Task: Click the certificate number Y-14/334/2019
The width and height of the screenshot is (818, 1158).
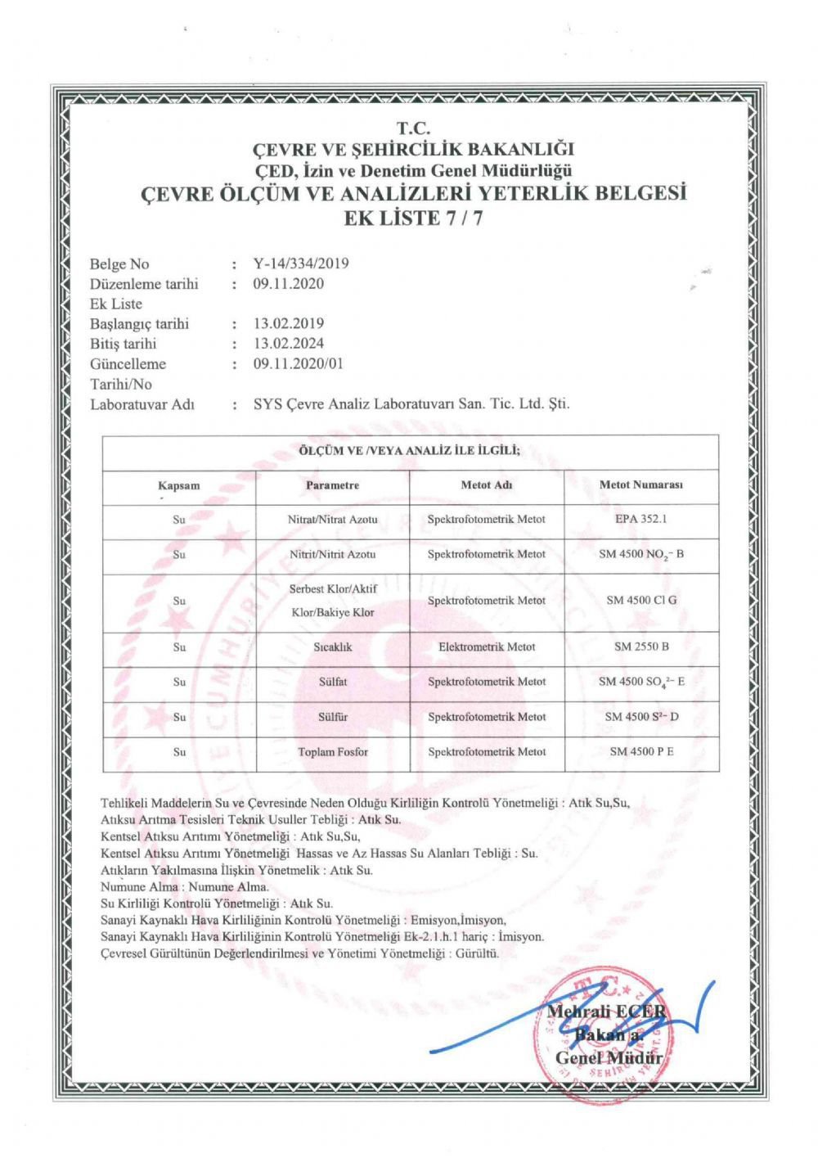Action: click(301, 264)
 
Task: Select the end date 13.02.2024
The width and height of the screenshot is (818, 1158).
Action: click(289, 344)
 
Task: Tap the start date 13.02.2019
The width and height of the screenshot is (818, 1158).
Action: click(289, 323)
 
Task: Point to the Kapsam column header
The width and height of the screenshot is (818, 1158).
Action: click(179, 485)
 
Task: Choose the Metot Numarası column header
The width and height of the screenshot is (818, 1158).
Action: click(641, 484)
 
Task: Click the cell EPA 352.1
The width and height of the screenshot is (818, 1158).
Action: click(641, 519)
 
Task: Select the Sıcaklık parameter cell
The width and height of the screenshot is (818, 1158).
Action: click(332, 647)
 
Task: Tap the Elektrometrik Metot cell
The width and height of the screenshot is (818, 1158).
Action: click(487, 647)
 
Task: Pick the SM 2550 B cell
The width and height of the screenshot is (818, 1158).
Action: click(641, 647)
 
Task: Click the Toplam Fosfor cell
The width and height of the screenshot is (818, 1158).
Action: click(332, 751)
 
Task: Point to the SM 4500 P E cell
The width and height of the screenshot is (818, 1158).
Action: click(641, 751)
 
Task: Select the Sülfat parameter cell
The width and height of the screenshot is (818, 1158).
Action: click(332, 682)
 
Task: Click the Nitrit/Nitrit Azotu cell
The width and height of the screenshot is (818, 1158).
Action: click(332, 554)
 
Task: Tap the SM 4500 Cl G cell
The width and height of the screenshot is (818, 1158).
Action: click(641, 600)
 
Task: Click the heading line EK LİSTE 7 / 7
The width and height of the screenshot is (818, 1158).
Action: click(413, 218)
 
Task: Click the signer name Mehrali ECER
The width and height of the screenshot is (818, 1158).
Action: click(606, 1012)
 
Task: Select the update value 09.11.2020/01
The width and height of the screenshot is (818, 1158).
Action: click(299, 364)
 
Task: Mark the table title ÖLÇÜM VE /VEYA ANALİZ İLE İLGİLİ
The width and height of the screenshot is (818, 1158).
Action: click(410, 450)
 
